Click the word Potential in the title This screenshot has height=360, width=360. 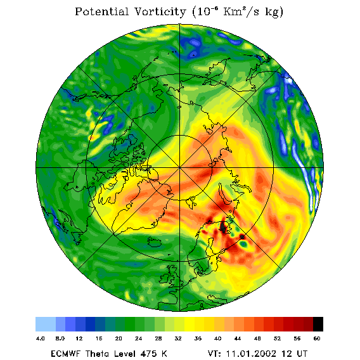[101, 12]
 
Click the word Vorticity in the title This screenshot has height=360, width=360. [160, 12]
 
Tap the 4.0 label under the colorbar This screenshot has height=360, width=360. [40, 338]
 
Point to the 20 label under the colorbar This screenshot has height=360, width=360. [119, 338]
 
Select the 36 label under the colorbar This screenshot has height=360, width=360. [198, 338]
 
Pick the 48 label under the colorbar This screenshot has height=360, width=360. [257, 338]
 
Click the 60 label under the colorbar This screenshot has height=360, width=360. [317, 338]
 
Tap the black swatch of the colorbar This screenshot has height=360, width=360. [318, 324]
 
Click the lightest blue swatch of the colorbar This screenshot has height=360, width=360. [46, 324]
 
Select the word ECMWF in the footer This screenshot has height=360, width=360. [66, 354]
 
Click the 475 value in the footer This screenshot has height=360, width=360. [148, 354]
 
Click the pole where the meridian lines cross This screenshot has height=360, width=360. [180, 168]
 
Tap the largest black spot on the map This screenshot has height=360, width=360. [223, 227]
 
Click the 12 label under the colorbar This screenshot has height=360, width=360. [79, 338]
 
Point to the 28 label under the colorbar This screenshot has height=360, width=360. [158, 338]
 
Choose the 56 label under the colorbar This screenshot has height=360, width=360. [297, 338]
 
